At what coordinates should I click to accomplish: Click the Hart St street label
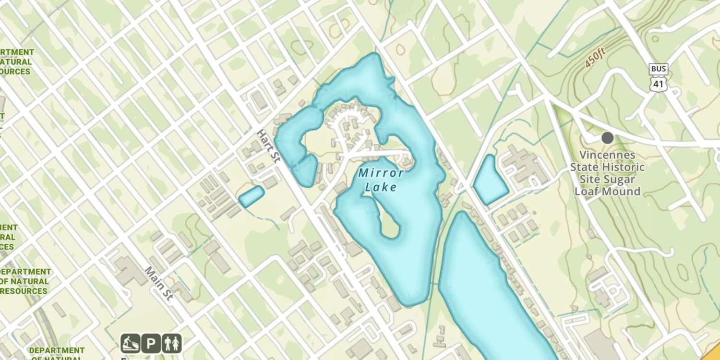point(268,146)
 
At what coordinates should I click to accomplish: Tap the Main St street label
point(158,284)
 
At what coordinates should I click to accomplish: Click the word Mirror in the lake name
point(381,173)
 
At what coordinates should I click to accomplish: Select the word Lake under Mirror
point(381,187)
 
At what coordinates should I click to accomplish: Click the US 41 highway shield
point(658,85)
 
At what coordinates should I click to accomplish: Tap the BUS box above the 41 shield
point(658,69)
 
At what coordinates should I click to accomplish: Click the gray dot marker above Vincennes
point(608,138)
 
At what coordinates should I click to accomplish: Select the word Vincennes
point(608,155)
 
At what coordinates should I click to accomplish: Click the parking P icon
point(151,344)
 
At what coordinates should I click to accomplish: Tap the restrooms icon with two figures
point(171,344)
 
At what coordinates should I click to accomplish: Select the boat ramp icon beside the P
point(130,344)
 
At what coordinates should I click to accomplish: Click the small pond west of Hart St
point(252,196)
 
